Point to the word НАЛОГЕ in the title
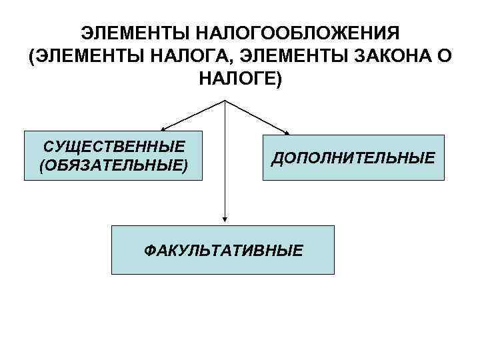click(237, 79)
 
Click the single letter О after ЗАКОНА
click(445, 56)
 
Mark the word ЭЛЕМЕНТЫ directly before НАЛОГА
click(90, 56)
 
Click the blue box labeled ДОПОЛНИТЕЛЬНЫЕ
click(353, 157)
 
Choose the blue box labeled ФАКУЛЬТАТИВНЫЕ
click(222, 250)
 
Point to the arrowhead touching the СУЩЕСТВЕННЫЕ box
click(163, 128)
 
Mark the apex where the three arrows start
click(225, 101)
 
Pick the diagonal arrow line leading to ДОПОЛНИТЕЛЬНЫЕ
click(257, 116)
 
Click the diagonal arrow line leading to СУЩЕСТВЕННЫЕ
click(194, 114)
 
